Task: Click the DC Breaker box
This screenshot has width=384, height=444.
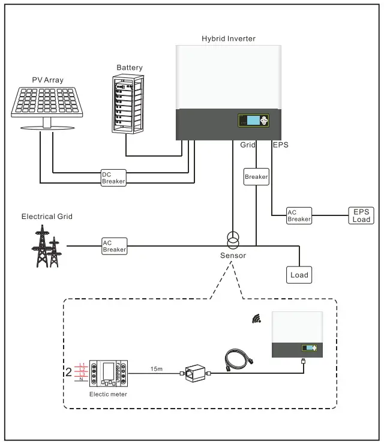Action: (x=113, y=177)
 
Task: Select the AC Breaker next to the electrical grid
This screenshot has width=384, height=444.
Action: (x=114, y=245)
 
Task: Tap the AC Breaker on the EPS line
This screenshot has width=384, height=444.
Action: (x=299, y=216)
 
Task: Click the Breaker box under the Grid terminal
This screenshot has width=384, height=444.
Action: (x=256, y=177)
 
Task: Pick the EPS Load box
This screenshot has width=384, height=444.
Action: (x=361, y=215)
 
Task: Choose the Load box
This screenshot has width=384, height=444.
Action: (x=299, y=275)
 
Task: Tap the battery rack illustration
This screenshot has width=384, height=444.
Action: (x=129, y=104)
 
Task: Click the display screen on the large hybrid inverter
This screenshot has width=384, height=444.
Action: (x=252, y=121)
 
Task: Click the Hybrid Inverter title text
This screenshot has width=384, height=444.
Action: (x=229, y=38)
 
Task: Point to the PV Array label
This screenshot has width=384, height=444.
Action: (x=47, y=79)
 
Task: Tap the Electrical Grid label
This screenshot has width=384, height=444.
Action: (x=47, y=217)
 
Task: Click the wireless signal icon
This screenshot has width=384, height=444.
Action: (x=257, y=319)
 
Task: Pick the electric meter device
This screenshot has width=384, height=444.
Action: (x=109, y=373)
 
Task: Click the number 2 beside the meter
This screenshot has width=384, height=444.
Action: (x=68, y=370)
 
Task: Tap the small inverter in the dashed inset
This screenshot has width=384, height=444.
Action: (x=298, y=334)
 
